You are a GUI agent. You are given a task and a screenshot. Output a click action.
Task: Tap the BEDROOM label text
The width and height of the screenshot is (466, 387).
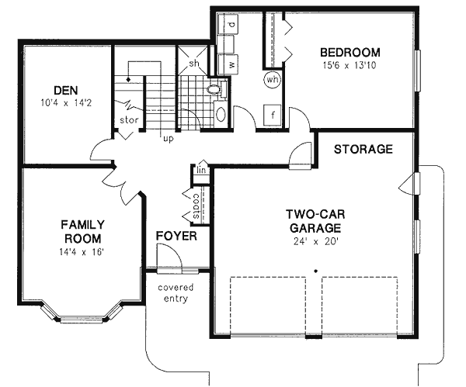350,53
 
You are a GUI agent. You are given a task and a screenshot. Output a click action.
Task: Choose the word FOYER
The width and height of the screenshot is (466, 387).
176,236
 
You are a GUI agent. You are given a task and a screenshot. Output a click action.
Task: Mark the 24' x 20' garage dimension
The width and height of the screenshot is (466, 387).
314,240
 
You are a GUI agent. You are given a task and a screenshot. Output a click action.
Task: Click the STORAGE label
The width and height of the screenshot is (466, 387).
363,149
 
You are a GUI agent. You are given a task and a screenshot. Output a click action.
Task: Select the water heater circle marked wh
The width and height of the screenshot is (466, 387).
273,79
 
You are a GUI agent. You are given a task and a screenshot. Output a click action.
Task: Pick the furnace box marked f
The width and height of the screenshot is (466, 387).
273,116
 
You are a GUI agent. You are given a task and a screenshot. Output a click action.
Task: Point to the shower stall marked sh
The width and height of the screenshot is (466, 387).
195,63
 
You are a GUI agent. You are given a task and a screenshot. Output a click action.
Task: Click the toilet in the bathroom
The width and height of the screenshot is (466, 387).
215,91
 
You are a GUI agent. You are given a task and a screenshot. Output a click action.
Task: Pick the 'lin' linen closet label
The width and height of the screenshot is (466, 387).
200,169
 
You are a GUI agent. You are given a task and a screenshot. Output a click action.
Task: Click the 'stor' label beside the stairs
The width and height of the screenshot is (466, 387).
129,120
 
